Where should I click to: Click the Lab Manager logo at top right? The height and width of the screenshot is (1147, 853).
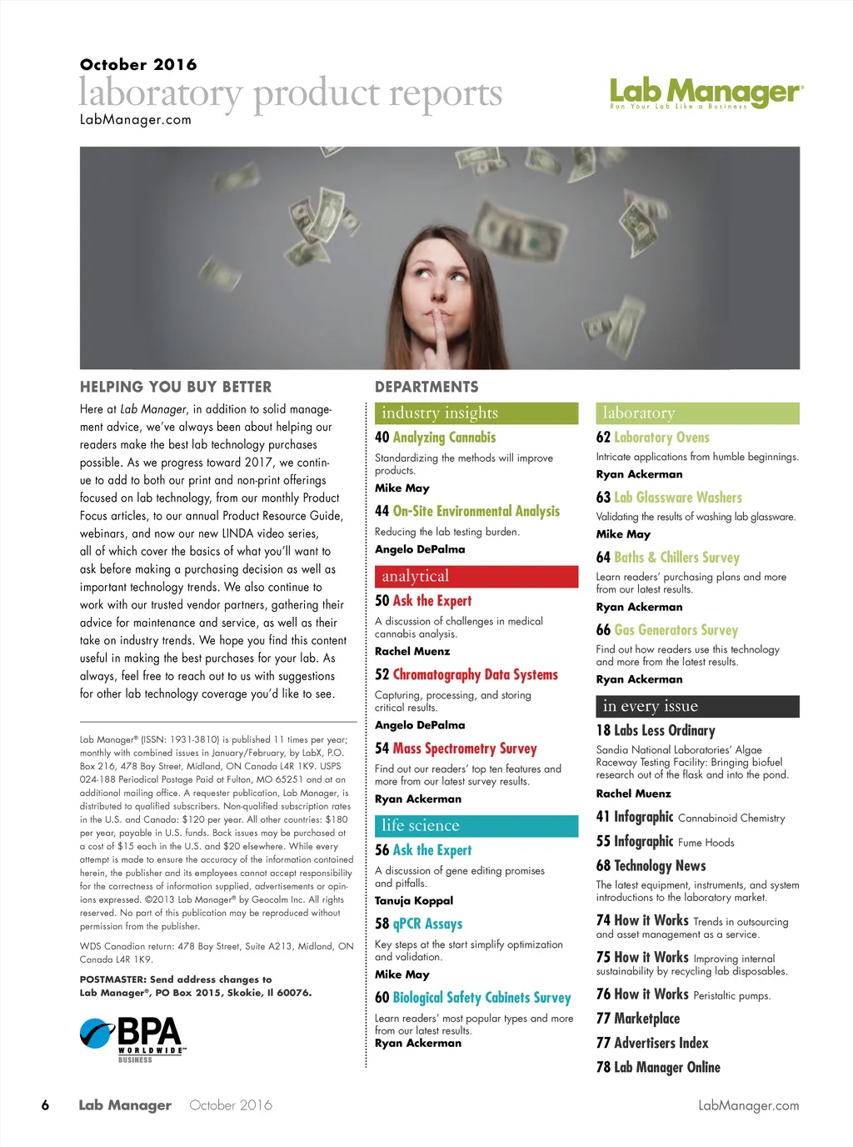coord(706,93)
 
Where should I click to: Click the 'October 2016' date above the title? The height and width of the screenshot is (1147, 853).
coord(138,65)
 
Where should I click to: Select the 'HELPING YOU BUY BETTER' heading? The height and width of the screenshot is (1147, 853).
coord(176,387)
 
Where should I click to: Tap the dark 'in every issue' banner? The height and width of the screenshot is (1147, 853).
coord(697,707)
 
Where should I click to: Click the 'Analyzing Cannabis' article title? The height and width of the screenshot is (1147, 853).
coord(444,438)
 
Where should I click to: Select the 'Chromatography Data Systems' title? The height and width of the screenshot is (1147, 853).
coord(475,675)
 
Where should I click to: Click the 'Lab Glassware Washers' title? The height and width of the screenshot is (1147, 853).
coord(678,498)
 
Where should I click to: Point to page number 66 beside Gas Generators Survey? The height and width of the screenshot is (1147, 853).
coord(603,631)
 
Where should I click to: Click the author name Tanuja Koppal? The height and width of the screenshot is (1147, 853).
coord(414,901)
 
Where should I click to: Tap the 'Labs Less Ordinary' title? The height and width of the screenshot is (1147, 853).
coord(664,731)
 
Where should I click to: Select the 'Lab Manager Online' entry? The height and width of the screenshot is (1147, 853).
coord(666,1068)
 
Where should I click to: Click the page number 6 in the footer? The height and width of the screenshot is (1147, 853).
coord(45,1106)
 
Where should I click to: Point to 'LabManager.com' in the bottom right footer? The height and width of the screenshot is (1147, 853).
coord(748,1106)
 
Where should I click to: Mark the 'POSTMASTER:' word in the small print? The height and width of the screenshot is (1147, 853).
coord(113,980)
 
